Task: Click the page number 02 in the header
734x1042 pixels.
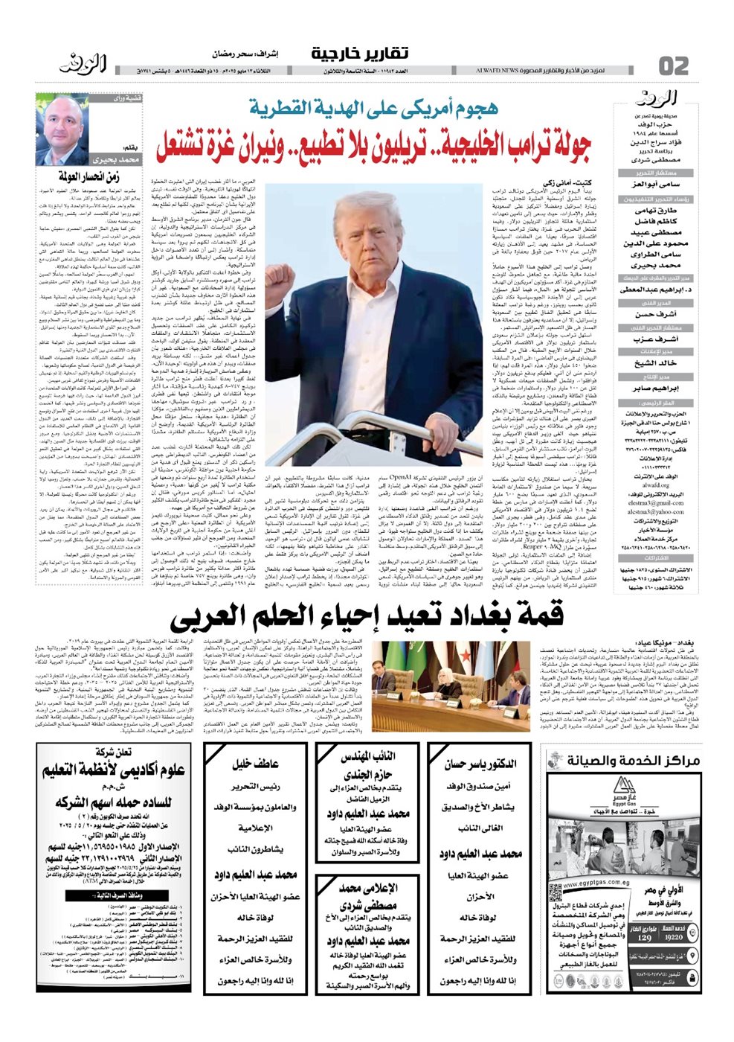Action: pos(673,65)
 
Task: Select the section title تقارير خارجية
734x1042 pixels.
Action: pos(359,54)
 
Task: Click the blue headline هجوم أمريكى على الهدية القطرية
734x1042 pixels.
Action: pos(373,108)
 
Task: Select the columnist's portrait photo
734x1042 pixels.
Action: pos(63,127)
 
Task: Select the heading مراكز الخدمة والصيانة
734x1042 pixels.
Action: pos(640,760)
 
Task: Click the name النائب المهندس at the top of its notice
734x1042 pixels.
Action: pos(367,757)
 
